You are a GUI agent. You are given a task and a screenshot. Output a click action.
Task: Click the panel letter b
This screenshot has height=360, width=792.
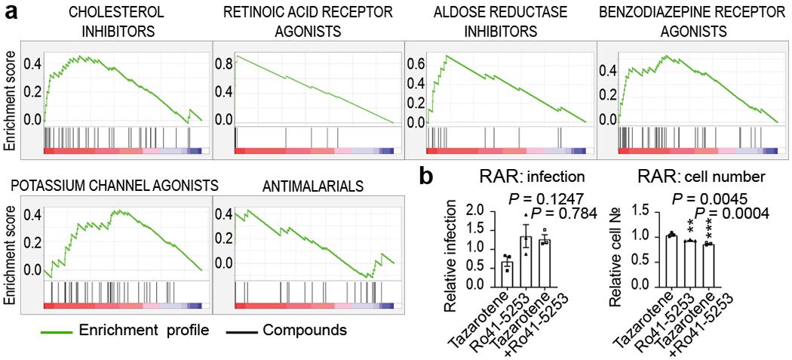coord(426,177)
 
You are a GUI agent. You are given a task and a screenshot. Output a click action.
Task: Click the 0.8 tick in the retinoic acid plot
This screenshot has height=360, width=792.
coord(223,65)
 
